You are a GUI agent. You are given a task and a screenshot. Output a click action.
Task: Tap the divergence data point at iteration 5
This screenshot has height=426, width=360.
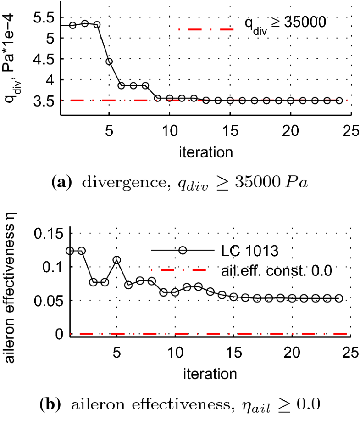point(109,61)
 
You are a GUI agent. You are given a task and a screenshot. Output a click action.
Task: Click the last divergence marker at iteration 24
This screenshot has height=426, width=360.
point(339,101)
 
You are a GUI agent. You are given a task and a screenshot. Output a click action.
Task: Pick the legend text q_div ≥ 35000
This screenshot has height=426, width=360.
point(284,22)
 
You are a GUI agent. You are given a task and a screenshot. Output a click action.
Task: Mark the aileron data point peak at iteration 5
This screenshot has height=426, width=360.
point(117,260)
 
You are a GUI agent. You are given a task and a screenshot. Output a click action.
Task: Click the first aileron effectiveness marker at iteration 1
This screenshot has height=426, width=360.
point(70,251)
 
